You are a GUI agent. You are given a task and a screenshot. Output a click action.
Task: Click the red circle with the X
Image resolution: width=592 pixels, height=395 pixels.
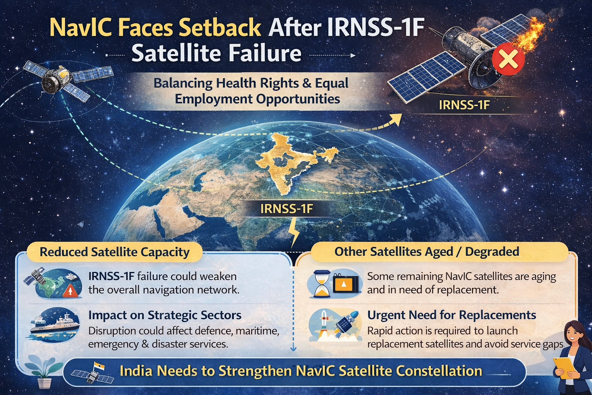pyautogui.click(x=508, y=59)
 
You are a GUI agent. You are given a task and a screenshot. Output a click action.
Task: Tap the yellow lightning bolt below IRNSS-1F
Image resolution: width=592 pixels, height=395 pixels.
pyautogui.click(x=294, y=233)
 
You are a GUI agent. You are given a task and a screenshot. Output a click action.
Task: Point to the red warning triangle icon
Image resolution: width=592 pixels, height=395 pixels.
pyautogui.click(x=70, y=292)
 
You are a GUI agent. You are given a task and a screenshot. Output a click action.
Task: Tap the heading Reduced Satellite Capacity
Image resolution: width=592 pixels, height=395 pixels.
pyautogui.click(x=115, y=252)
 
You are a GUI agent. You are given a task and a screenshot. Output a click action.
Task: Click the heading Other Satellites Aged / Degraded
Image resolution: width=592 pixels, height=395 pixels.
pyautogui.click(x=427, y=252)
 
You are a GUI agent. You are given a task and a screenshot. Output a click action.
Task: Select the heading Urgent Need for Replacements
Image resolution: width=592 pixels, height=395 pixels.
pyautogui.click(x=452, y=315)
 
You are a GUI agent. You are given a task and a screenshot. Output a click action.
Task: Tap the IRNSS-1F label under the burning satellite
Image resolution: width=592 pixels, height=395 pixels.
pyautogui.click(x=464, y=105)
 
